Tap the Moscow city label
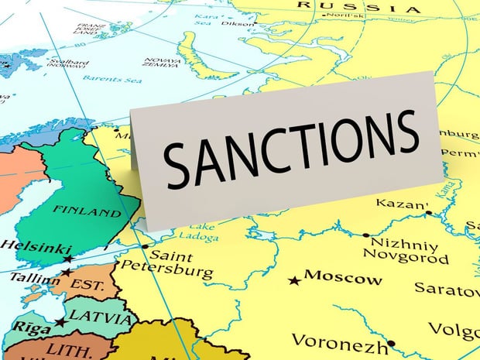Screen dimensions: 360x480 (x=343, y=277)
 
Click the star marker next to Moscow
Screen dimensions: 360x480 (x=293, y=279)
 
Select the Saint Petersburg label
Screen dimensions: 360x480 (x=180, y=264)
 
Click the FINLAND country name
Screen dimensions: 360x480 (x=87, y=211)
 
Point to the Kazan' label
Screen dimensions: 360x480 (x=402, y=204)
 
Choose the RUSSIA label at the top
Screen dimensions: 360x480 (x=361, y=8)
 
